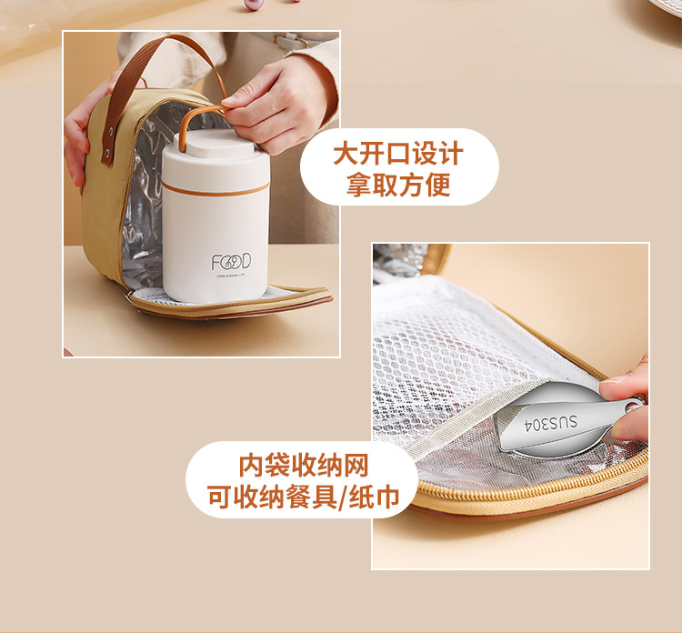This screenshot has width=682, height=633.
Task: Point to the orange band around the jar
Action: click(x=216, y=188)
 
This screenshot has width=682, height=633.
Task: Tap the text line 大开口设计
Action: click(x=398, y=153)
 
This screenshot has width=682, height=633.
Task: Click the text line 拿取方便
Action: click(x=398, y=185)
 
